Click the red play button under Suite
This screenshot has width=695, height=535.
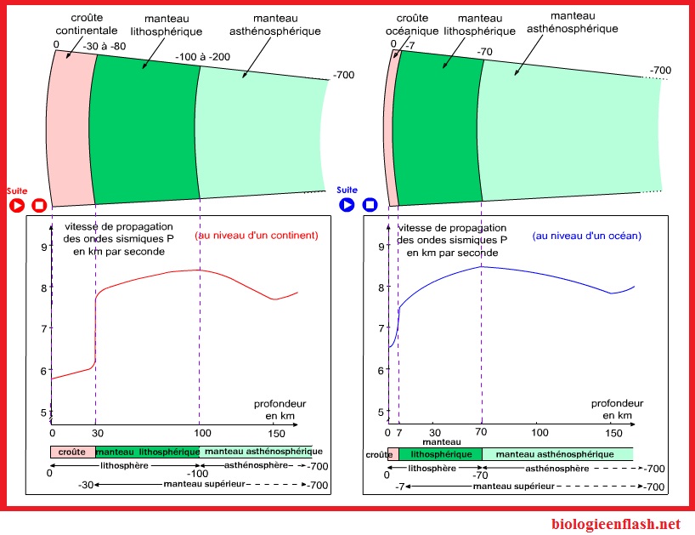click(16, 205)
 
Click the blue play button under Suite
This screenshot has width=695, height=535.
click(347, 205)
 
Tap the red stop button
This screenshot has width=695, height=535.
click(39, 205)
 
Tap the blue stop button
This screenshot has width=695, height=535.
click(370, 205)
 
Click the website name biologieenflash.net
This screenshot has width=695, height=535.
click(616, 524)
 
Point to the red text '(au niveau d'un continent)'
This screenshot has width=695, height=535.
click(257, 235)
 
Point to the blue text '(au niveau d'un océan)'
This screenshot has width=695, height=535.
click(587, 235)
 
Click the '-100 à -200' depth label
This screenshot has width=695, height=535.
click(201, 57)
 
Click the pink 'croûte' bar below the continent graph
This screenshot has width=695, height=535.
click(72, 452)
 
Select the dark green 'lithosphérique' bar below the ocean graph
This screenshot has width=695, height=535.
click(440, 455)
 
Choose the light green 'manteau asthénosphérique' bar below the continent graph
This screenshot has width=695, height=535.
click(256, 452)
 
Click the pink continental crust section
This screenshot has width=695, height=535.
click(71, 128)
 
